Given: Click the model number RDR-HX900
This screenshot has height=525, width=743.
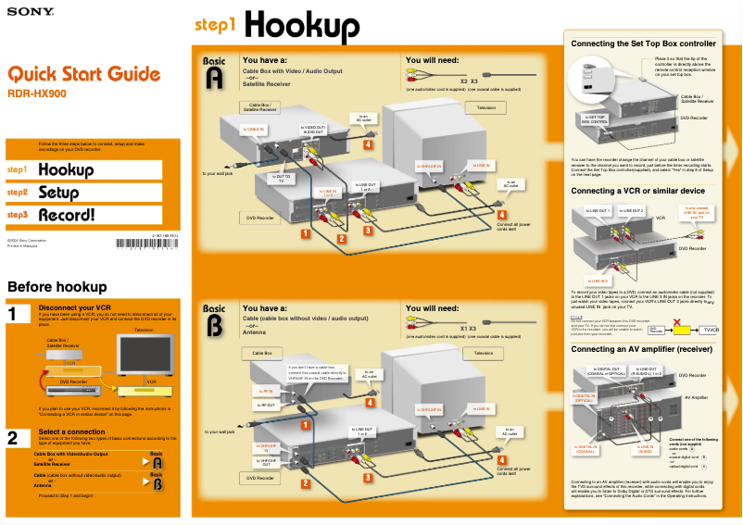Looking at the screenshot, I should coord(36,94).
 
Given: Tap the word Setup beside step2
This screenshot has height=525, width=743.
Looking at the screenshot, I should coord(58,193).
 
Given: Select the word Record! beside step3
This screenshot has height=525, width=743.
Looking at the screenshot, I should coord(66,215).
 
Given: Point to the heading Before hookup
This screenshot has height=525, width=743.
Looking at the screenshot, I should coord(57,287).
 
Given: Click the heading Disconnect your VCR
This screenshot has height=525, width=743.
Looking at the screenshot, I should coord(75,307).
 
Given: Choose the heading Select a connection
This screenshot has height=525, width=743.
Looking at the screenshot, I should coord(78,431).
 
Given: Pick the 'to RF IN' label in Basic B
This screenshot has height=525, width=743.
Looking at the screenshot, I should coord(262,392).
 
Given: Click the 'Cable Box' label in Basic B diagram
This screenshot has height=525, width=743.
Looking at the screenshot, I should coord(262,354).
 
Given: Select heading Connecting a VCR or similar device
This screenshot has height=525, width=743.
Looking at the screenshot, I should coord(637,191).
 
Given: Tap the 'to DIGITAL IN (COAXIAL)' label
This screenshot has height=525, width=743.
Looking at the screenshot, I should coord(585,449).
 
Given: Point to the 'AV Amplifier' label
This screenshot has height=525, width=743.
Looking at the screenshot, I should coord(695,396).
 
